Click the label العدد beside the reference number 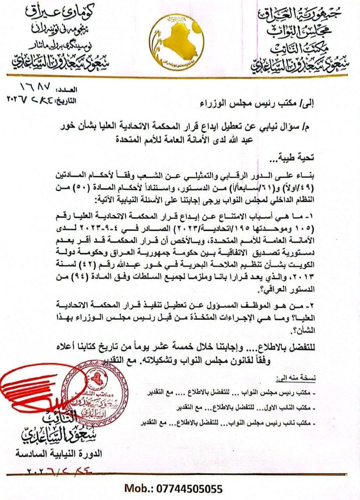(67, 90)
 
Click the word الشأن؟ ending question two (336, 330)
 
